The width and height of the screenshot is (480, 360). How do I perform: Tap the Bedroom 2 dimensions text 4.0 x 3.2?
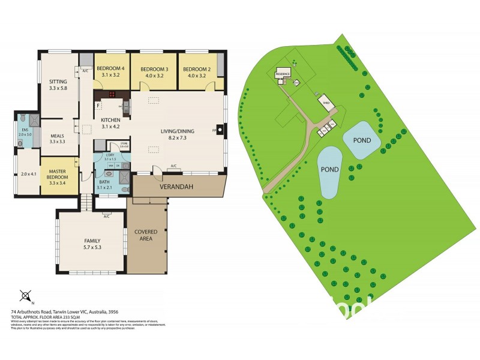point(198,76)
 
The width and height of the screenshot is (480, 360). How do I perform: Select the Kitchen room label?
point(111,119)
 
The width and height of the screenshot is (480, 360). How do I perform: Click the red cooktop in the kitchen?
point(111,94)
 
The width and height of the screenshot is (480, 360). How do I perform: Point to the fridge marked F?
point(98,106)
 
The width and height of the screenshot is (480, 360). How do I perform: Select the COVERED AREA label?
point(146,235)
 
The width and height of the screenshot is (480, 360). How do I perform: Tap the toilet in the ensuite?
point(23,118)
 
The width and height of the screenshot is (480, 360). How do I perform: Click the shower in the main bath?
point(124,177)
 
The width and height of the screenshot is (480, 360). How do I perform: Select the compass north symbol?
point(26,295)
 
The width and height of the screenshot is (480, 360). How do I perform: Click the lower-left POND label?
point(330,169)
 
